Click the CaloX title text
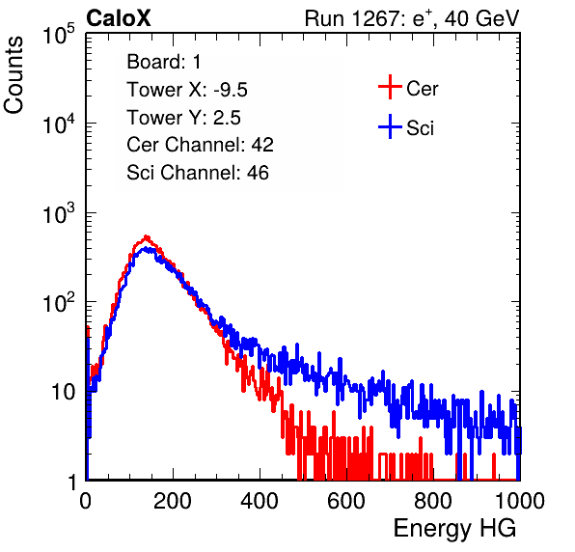coord(118,18)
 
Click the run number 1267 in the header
coord(374,18)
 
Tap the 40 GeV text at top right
coord(481,18)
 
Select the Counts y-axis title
coord(14,75)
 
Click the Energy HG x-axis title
coord(454,529)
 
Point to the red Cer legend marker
coord(390,87)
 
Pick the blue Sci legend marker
coord(390,127)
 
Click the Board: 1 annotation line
coord(164,62)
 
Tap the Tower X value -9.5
coord(231,90)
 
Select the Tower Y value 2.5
coord(227,118)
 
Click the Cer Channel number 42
coord(262,145)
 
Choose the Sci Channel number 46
coord(258,173)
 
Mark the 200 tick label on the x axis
coord(173,501)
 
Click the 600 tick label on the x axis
coord(346,501)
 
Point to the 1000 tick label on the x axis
coord(520,501)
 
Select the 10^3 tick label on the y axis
coord(59,213)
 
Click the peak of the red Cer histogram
coord(147,237)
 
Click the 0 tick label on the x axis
coord(86,501)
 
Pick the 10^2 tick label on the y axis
coord(59,303)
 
